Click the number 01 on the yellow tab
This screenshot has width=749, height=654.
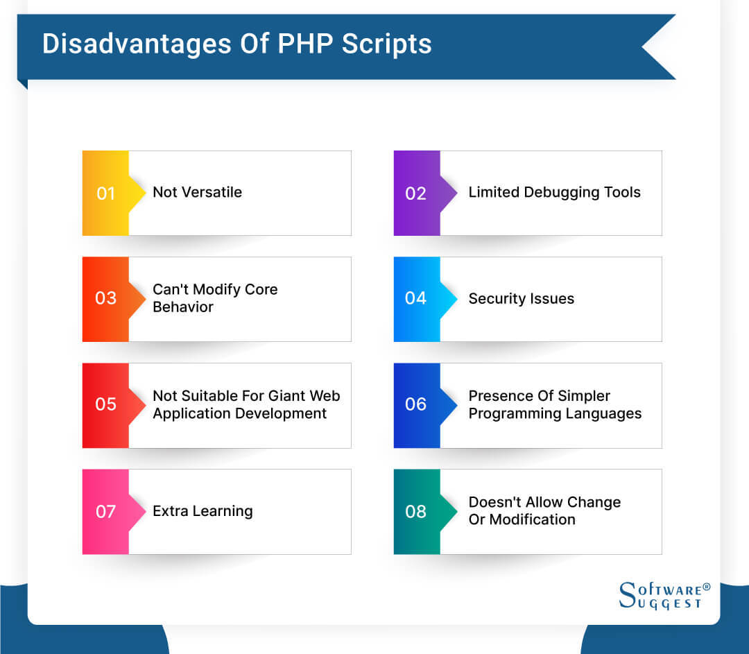(x=105, y=193)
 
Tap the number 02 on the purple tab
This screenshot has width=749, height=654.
(x=415, y=193)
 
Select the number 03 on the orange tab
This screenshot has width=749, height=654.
(x=105, y=298)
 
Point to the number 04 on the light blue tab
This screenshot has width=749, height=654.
(x=415, y=298)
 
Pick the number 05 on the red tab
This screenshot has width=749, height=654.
(x=105, y=404)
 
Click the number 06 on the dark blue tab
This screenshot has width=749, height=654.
(x=415, y=404)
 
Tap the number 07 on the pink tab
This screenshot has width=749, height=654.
(x=105, y=512)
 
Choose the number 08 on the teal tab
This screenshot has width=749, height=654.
(x=415, y=512)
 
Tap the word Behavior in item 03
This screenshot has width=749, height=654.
(x=183, y=307)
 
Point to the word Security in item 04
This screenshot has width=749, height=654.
(x=497, y=299)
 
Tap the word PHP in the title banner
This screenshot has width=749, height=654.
(x=305, y=44)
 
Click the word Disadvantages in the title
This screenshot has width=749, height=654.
(x=137, y=44)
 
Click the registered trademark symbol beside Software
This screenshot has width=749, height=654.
(x=707, y=587)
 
